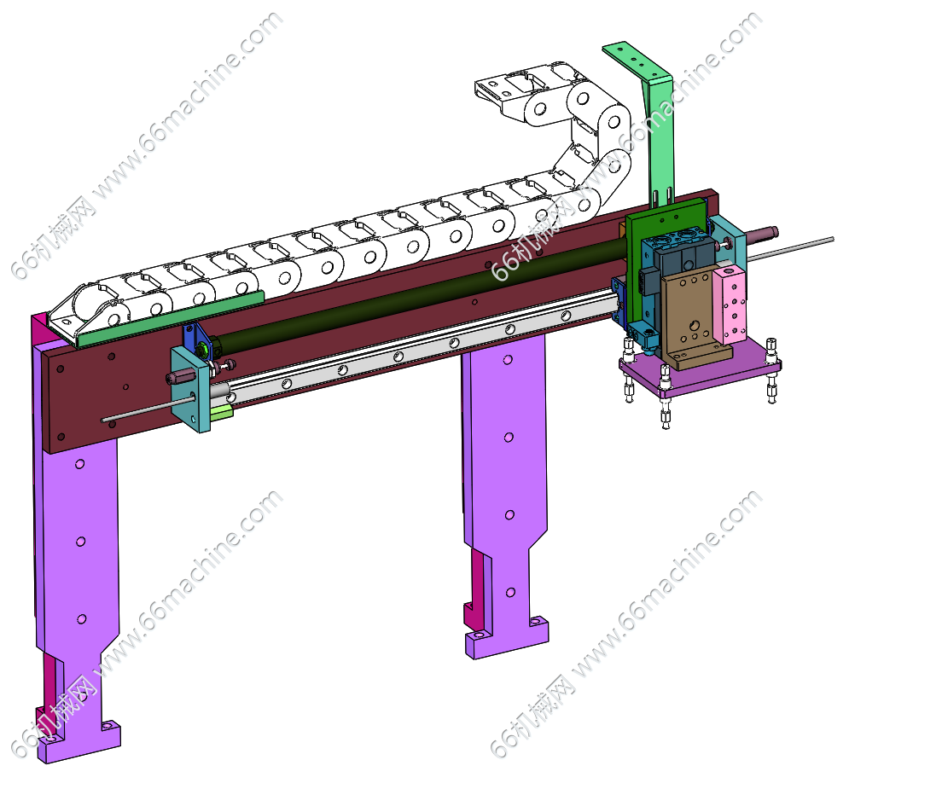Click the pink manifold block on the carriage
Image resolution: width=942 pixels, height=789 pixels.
click(731, 306)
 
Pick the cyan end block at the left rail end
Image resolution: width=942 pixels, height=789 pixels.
click(190, 388)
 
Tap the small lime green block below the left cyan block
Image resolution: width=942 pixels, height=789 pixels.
click(221, 411)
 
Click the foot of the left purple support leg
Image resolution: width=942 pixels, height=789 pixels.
click(78, 742)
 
